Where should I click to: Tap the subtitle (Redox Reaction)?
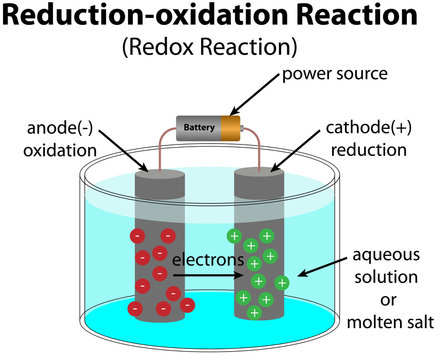221,47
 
